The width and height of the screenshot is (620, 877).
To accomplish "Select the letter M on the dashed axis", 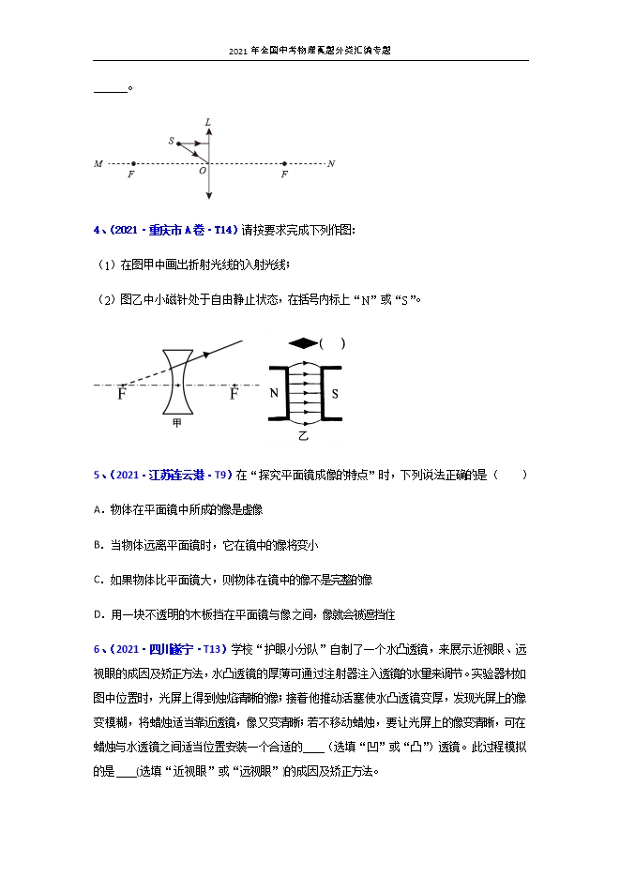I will pos(98,164).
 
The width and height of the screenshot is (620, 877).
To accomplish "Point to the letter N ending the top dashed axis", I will pos(331,164).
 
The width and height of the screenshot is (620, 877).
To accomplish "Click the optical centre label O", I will pos(202,172).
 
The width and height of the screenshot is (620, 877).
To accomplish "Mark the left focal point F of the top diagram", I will pos(131,174).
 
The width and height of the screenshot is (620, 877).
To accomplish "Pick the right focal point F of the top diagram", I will pos(284,174).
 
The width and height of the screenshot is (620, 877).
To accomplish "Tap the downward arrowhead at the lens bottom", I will pos(208,195).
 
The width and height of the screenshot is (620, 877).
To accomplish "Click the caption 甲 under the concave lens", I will pos(176,423).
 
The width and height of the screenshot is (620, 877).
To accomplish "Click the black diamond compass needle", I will pos(303,343).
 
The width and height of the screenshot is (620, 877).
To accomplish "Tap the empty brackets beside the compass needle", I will pos(333,343).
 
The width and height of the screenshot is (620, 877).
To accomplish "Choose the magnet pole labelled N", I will pos(274,394).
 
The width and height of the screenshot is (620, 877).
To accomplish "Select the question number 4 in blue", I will pos(96,230).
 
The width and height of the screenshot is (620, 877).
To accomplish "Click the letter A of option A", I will pos(98,509).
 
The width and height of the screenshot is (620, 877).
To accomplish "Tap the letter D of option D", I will pos(98,614).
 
